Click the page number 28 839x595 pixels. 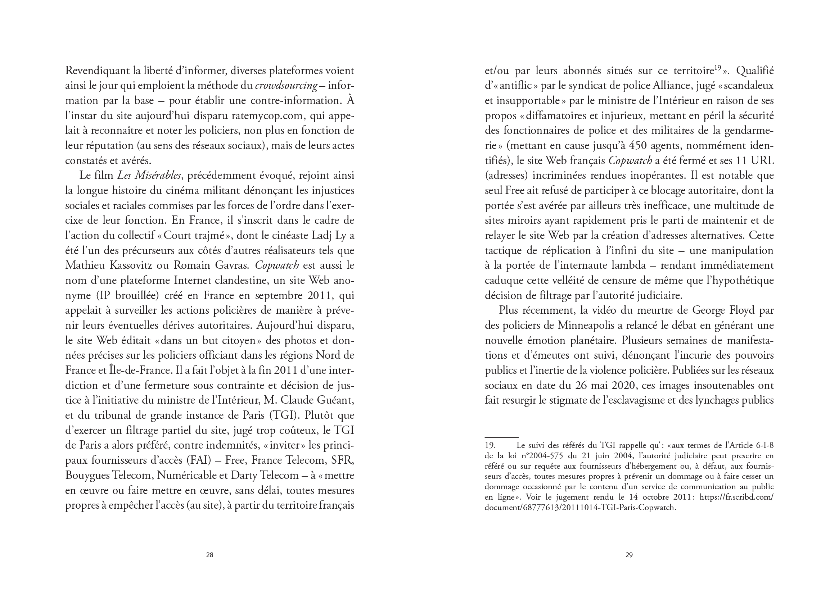point(209,555)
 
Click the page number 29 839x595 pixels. point(628,555)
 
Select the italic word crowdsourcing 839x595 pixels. point(286,86)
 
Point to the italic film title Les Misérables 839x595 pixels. point(149,176)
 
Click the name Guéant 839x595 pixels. point(334,400)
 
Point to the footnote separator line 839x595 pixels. point(501,437)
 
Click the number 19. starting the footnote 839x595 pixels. point(490,445)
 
